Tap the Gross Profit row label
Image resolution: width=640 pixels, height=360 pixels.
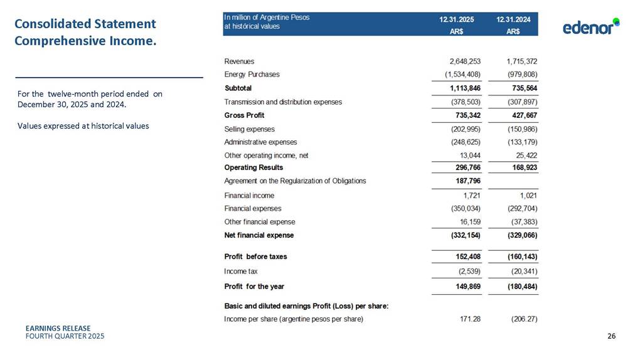coord(244,115)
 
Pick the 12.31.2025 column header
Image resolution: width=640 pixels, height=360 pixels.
coord(457,19)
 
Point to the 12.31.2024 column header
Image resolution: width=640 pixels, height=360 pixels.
coord(513,19)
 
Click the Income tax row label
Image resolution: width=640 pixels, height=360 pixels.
coord(241,272)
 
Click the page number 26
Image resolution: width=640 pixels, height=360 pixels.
coord(611,337)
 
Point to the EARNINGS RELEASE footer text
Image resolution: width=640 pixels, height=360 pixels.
coord(58,328)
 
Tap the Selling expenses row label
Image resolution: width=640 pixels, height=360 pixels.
coord(249,129)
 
